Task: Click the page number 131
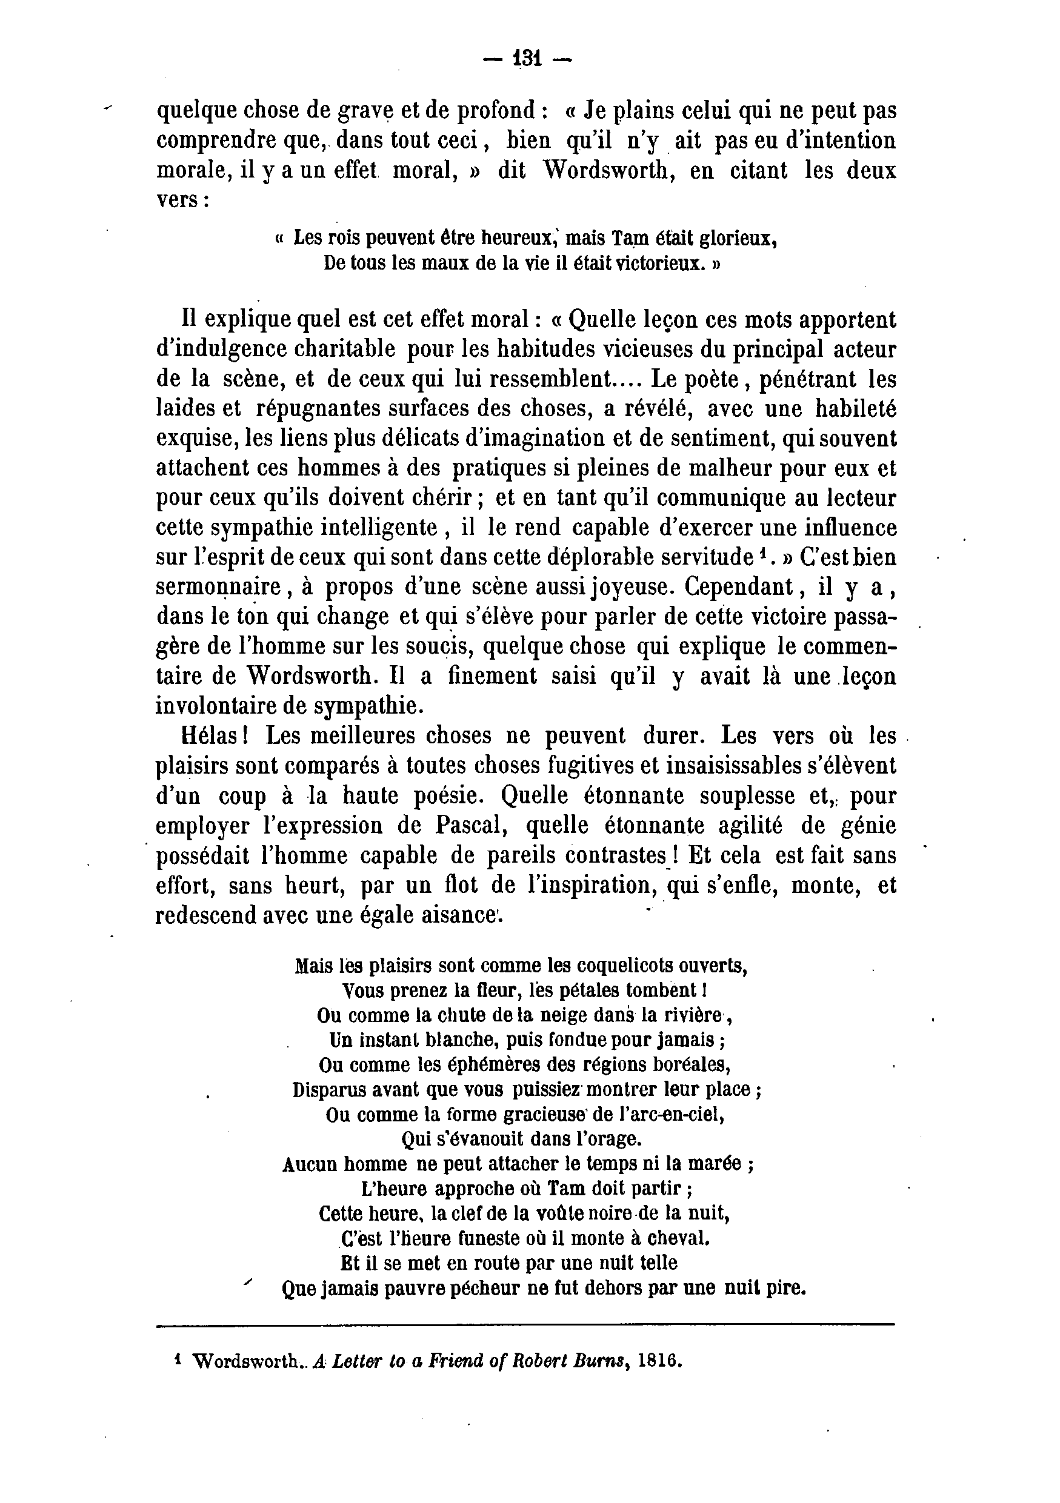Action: pyautogui.click(x=527, y=59)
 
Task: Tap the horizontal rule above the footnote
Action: pyautogui.click(x=525, y=1325)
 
